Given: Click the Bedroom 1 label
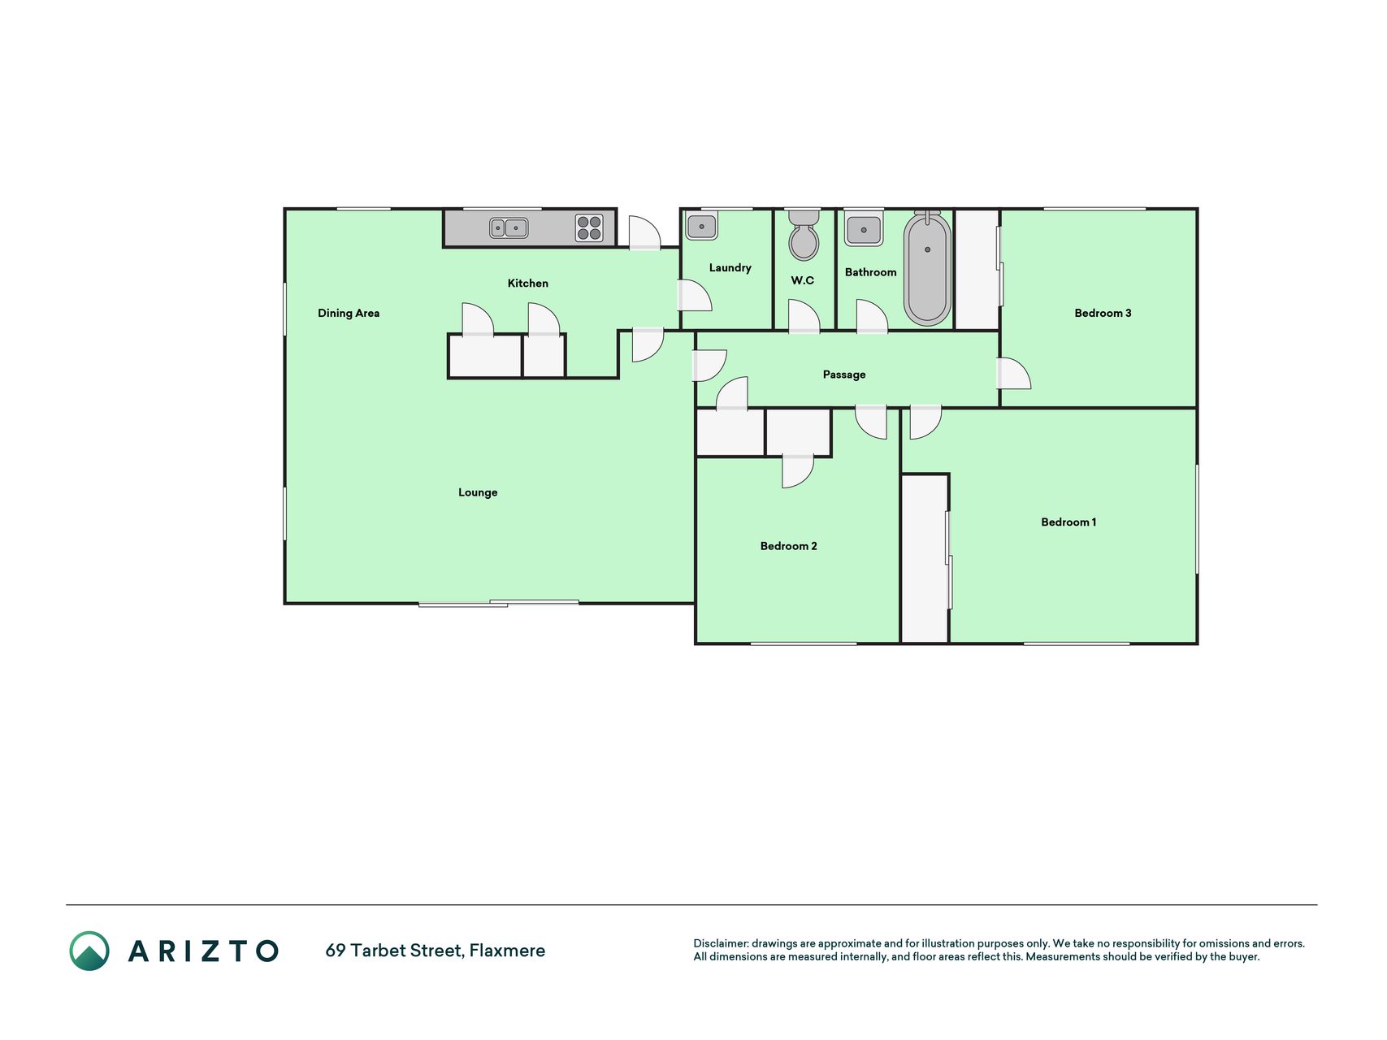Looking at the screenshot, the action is (1068, 522).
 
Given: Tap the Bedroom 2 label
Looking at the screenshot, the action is (788, 546).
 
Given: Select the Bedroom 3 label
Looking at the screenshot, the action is (1103, 313).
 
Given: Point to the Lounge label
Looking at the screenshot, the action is (478, 492).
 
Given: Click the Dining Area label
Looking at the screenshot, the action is (349, 313).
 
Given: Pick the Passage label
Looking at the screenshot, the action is (844, 375).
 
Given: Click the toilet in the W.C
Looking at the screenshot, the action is (804, 234).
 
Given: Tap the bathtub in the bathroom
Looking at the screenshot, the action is (927, 269).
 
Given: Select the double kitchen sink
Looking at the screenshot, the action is (509, 228).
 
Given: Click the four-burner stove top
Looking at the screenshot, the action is (589, 228).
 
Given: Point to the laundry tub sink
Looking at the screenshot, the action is (701, 225).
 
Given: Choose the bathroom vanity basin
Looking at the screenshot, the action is (864, 228).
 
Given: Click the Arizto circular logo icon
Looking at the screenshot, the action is (89, 951).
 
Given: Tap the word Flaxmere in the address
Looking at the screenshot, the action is (507, 951).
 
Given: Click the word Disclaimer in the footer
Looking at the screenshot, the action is (721, 943).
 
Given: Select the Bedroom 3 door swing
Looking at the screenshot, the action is (1014, 373).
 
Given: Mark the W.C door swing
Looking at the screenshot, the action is (804, 316).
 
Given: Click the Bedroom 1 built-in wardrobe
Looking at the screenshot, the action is (925, 559).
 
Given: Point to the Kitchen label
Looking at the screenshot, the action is (528, 283).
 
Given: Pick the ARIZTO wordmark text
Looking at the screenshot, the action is (203, 951).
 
